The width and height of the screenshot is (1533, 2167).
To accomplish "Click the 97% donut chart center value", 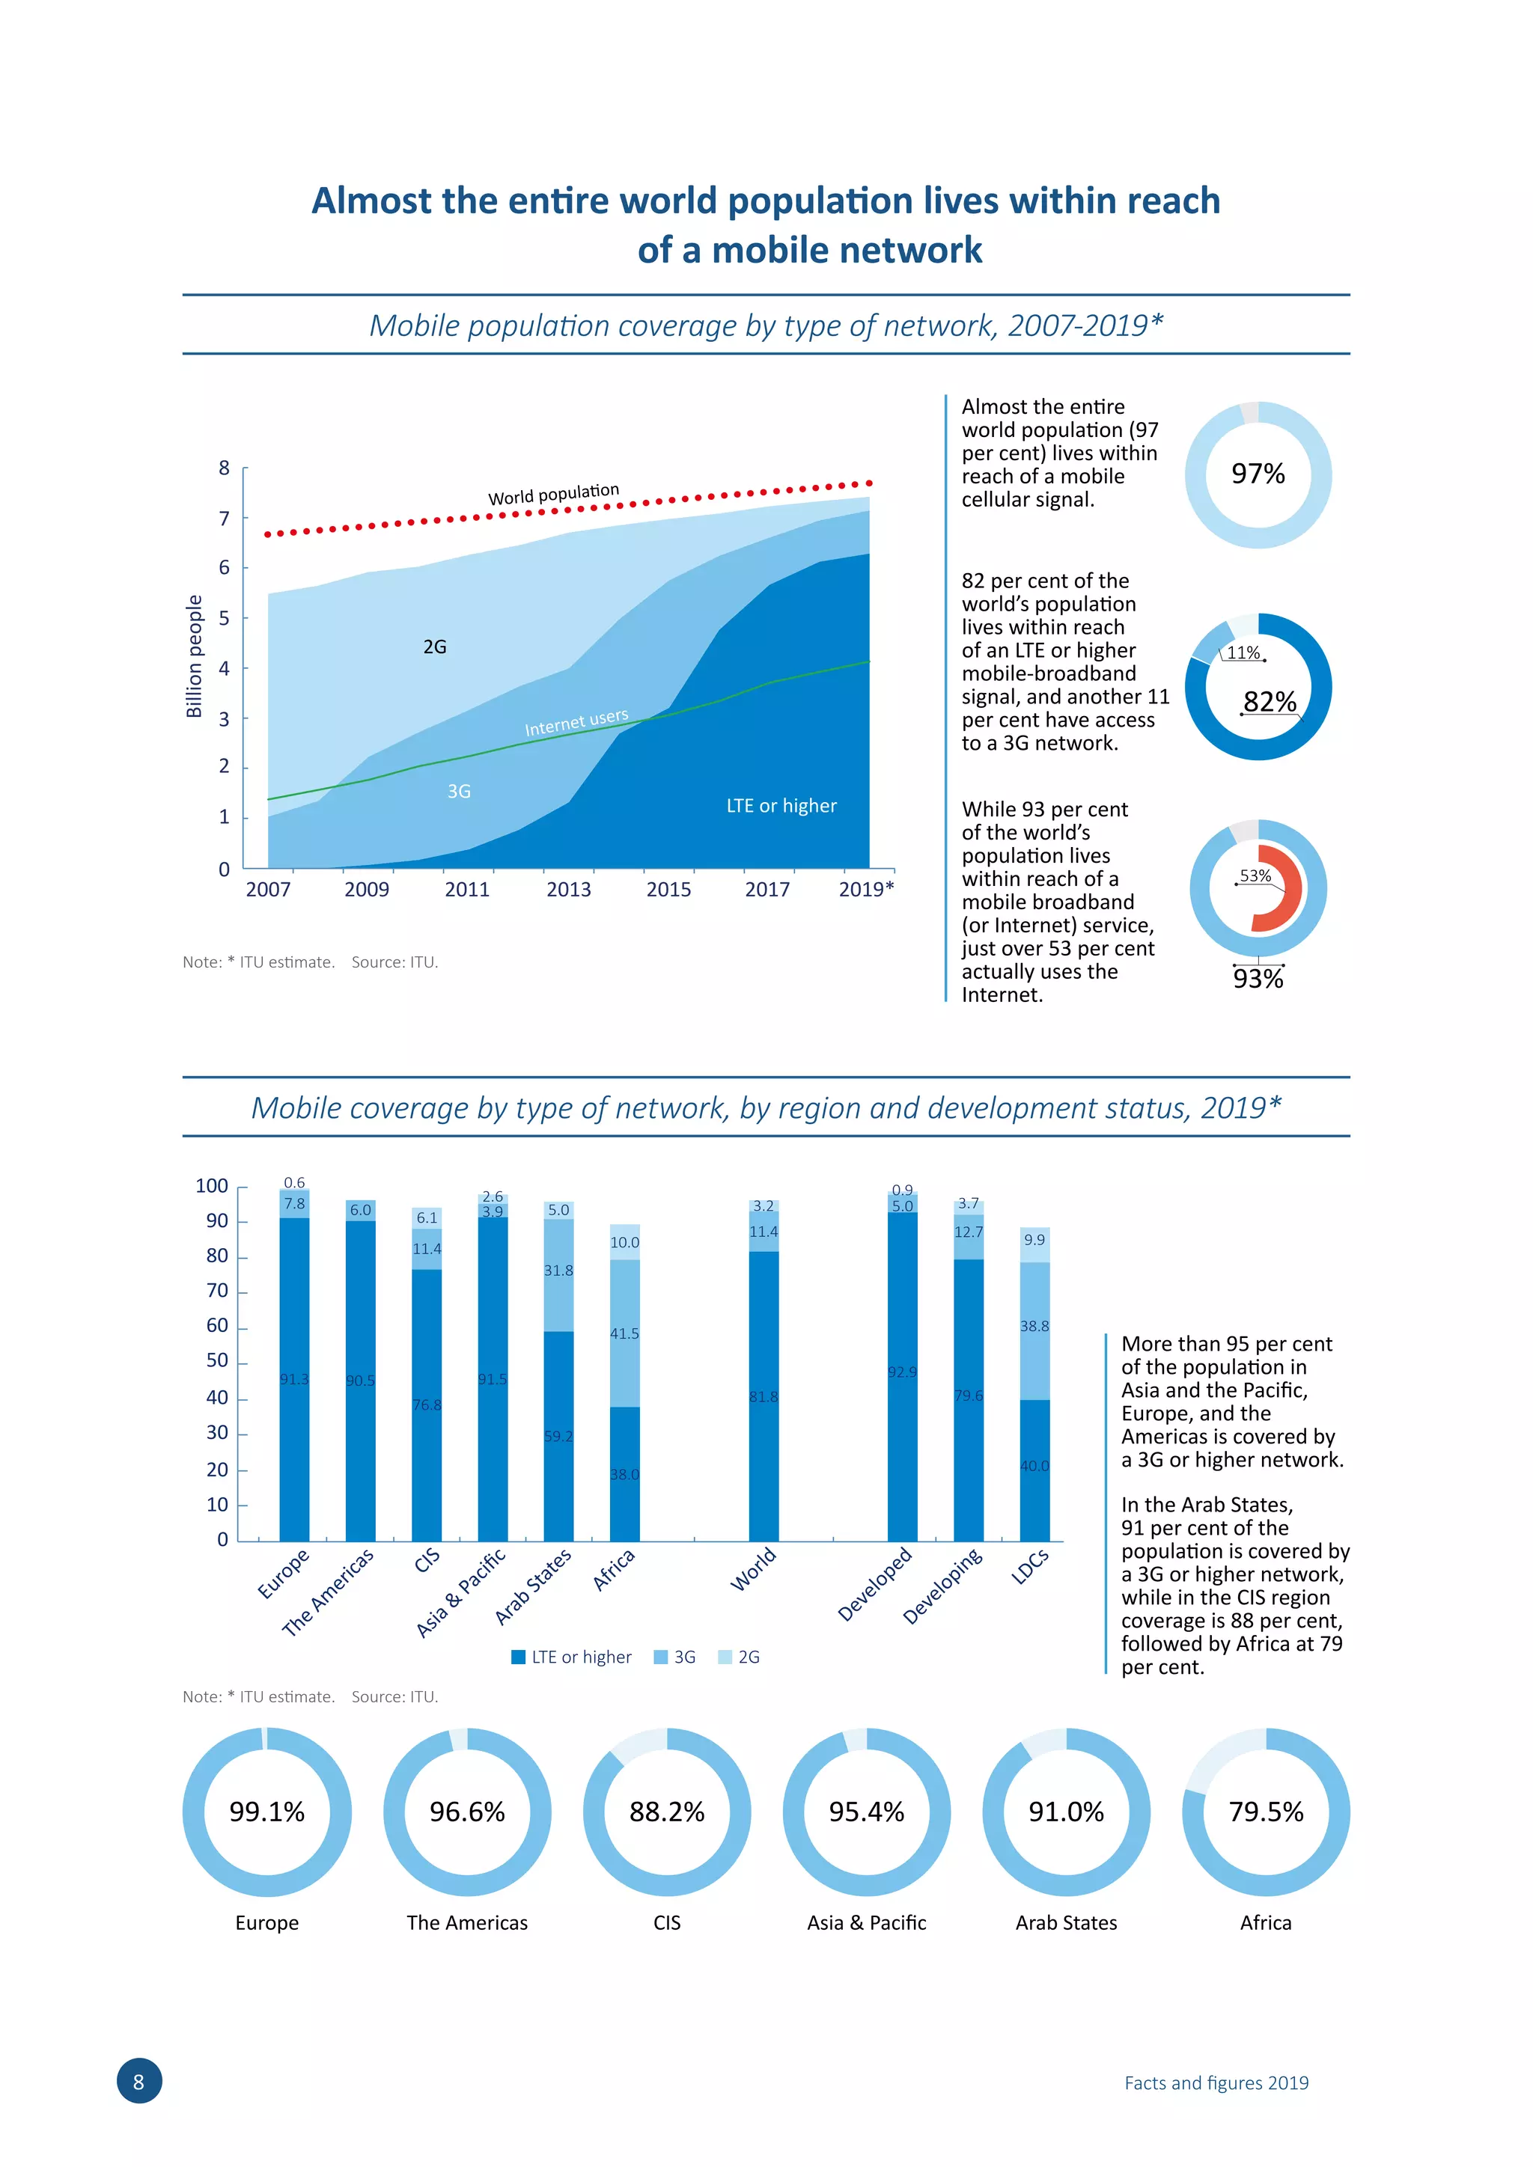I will pyautogui.click(x=1258, y=474).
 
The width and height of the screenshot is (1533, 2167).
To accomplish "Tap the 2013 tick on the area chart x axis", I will pyautogui.click(x=568, y=889).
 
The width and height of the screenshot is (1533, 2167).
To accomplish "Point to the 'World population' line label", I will pyautogui.click(x=553, y=495).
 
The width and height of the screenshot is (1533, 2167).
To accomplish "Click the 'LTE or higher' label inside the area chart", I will pyautogui.click(x=781, y=806).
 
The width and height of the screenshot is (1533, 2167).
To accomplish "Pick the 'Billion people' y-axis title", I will pyautogui.click(x=195, y=656).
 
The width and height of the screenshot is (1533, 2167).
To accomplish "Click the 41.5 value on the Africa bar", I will pyautogui.click(x=624, y=1333).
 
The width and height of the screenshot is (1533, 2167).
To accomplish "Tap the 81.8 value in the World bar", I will pyautogui.click(x=764, y=1397).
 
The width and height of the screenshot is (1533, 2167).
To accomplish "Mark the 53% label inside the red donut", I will pyautogui.click(x=1255, y=876).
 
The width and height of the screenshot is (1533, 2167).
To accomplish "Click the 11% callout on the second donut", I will pyautogui.click(x=1243, y=652).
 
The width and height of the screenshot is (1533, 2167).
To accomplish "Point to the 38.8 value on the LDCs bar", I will pyautogui.click(x=1034, y=1326).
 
